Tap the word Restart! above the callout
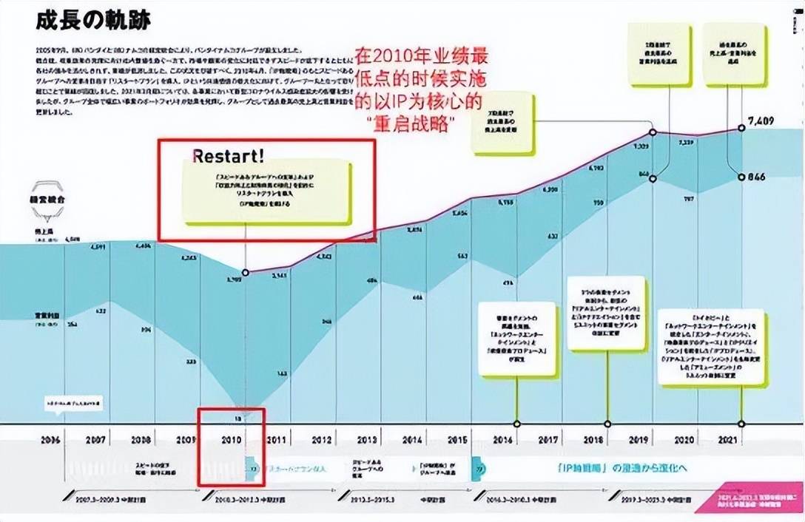click(x=228, y=156)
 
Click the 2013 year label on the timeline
click(x=366, y=439)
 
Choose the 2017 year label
click(x=548, y=439)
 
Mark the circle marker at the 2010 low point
click(x=246, y=272)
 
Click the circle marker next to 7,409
click(x=742, y=128)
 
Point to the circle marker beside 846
click(x=742, y=177)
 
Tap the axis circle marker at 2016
click(x=516, y=424)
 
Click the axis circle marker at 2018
click(x=607, y=424)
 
